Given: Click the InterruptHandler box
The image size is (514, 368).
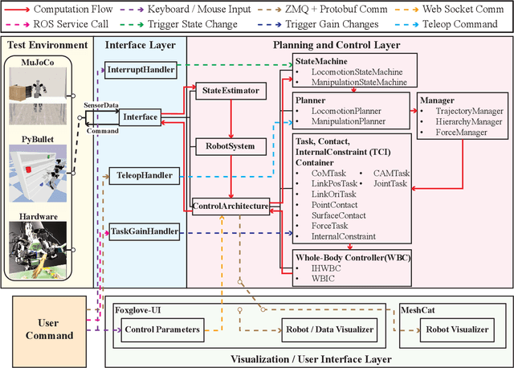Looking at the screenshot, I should pos(141,71).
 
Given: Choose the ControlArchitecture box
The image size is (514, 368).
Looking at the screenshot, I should pos(230,206).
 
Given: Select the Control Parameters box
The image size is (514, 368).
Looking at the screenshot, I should pos(161,329).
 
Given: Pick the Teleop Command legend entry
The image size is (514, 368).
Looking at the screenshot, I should pos(461,25).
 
